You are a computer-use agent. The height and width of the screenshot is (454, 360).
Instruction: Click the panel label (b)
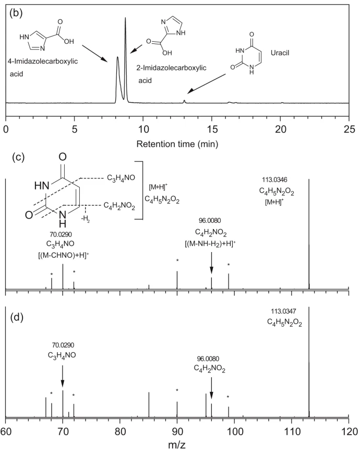pyautogui.click(x=16, y=14)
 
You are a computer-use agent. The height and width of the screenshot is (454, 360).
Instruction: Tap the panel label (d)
pyautogui.click(x=17, y=318)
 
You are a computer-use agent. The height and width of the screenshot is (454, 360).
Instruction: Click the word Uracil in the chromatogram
pyautogui.click(x=280, y=53)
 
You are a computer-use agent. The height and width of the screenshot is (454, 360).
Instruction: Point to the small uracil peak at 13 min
pyautogui.click(x=184, y=101)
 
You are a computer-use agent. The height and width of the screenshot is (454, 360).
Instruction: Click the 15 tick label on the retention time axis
pyautogui.click(x=212, y=129)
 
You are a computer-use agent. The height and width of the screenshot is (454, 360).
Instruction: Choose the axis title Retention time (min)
pyautogui.click(x=177, y=144)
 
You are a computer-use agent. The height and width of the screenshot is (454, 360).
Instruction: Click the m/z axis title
pyautogui.click(x=176, y=445)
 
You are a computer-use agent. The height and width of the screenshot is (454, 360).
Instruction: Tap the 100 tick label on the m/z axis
pyautogui.click(x=234, y=432)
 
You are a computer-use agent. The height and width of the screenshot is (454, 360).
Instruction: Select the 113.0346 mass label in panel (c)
pyautogui.click(x=274, y=180)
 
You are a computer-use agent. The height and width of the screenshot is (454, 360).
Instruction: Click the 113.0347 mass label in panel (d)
pyautogui.click(x=283, y=311)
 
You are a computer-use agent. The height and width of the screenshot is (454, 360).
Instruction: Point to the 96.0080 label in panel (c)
pyautogui.click(x=210, y=221)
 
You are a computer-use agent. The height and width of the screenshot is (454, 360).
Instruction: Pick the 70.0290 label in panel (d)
pyautogui.click(x=63, y=345)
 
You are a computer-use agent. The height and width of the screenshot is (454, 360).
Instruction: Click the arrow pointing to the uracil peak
pyautogui.click(x=206, y=83)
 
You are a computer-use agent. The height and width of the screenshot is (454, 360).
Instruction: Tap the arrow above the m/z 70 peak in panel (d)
pyautogui.click(x=63, y=376)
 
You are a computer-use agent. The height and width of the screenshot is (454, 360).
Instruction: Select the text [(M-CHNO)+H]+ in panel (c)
pyautogui.click(x=63, y=256)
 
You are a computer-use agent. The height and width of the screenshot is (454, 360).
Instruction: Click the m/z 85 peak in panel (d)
pyautogui.click(x=149, y=404)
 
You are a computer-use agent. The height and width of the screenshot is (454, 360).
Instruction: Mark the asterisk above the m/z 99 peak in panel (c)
pyautogui.click(x=229, y=265)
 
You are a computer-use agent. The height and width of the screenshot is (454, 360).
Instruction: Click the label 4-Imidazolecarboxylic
pyautogui.click(x=43, y=62)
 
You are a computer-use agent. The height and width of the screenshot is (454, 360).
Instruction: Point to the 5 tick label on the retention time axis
pyautogui.click(x=75, y=129)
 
